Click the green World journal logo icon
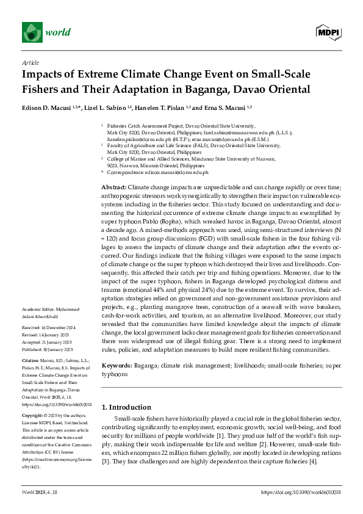tap(32, 31)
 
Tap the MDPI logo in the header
tap(328, 31)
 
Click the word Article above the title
tap(30, 62)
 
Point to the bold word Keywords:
tap(116, 364)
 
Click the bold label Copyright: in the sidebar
tap(33, 413)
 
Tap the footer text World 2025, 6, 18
tap(41, 492)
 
